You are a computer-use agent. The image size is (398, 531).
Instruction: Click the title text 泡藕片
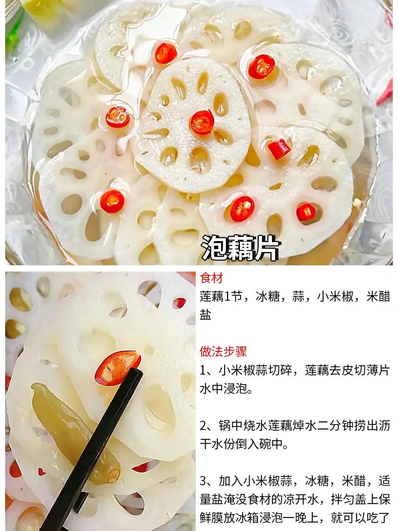coord(240,247)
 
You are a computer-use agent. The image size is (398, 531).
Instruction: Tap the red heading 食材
coord(211,278)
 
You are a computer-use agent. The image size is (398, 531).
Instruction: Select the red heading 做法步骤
coord(223,352)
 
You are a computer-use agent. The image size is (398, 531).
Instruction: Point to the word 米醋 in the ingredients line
coord(378,297)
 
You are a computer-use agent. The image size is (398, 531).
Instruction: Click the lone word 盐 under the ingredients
coord(206,315)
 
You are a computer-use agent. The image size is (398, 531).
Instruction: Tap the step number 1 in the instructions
coord(203,370)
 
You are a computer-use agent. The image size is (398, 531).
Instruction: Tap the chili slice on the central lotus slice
coord(202,123)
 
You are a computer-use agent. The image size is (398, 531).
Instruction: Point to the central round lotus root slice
coord(191,126)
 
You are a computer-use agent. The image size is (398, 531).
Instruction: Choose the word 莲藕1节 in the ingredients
coord(221,297)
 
